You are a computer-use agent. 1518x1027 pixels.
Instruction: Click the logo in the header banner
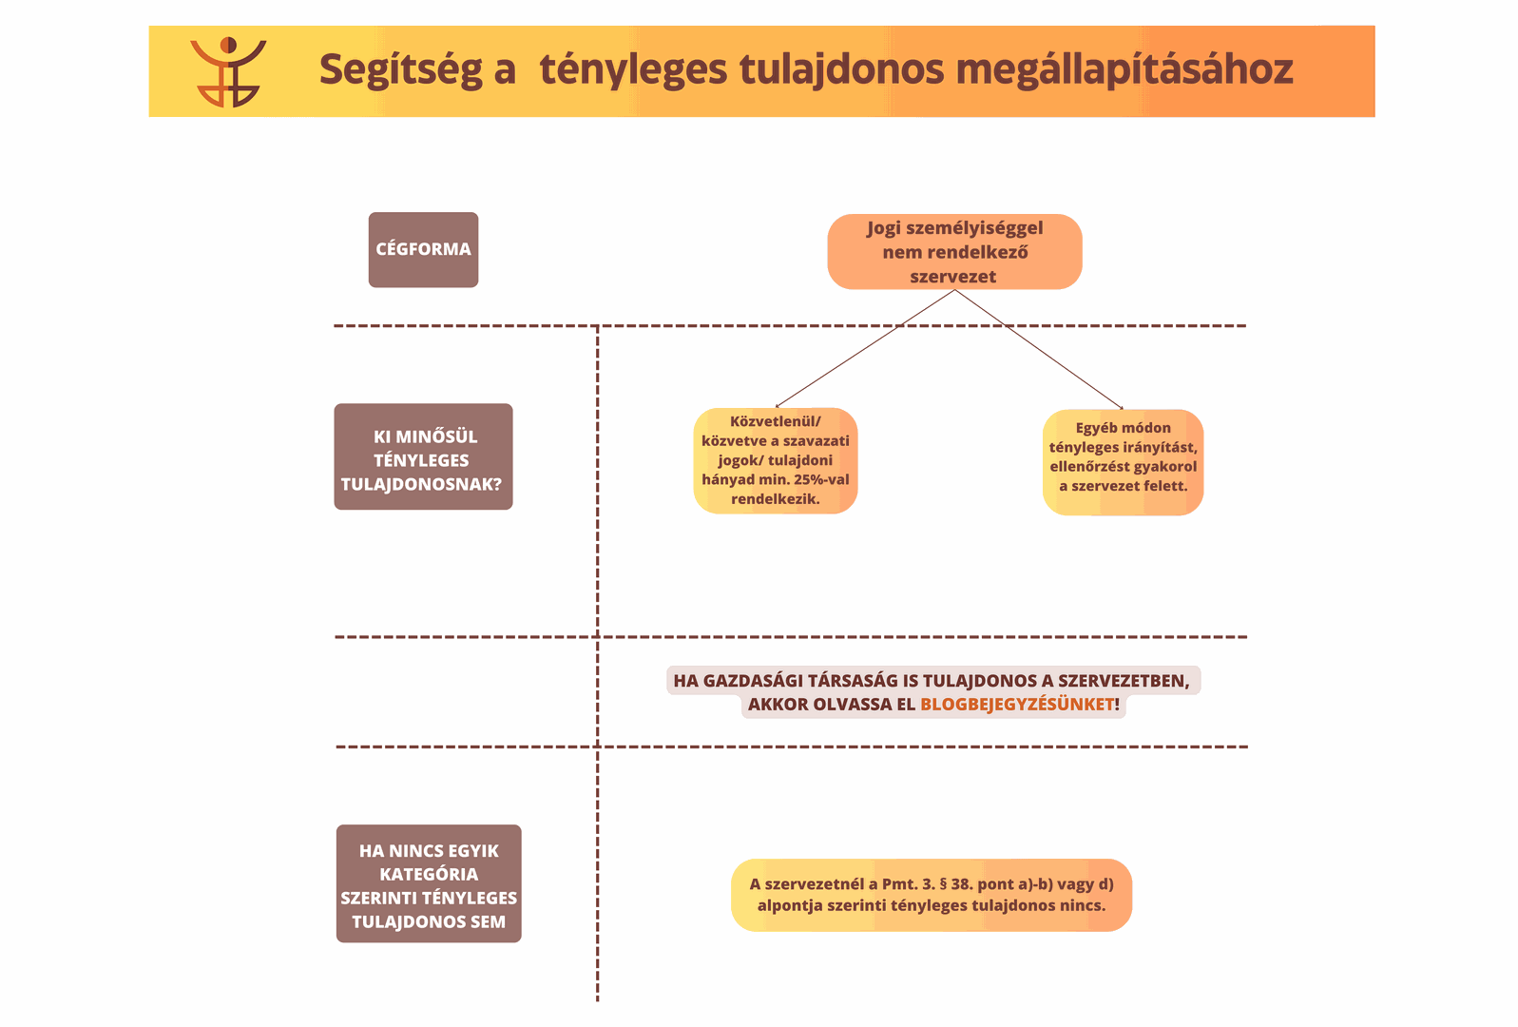[x=228, y=72]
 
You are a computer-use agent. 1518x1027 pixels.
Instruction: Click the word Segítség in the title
[x=400, y=70]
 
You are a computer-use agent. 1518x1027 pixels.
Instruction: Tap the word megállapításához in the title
[x=1124, y=70]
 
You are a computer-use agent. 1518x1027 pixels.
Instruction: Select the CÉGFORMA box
[x=424, y=249]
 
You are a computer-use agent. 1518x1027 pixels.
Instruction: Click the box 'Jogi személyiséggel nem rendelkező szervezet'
[x=954, y=251]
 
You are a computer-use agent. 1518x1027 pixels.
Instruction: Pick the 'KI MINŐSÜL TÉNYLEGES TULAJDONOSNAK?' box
[x=424, y=456]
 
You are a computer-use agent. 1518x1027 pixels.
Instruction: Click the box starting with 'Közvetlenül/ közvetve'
[x=776, y=460]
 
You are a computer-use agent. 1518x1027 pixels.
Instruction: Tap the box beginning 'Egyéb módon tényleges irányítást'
[x=1123, y=462]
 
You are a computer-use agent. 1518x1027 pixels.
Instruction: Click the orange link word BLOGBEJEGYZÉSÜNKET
[x=1017, y=705]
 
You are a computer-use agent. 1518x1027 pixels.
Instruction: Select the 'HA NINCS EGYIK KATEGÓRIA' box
[x=429, y=883]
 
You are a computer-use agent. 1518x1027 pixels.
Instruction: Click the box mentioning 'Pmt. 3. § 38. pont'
[x=932, y=895]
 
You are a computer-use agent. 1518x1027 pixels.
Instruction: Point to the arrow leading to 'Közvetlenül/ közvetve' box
[x=865, y=348]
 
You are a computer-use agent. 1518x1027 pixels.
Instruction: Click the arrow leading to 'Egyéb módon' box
[x=1039, y=350]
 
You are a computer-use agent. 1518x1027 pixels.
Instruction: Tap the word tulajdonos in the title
[x=841, y=70]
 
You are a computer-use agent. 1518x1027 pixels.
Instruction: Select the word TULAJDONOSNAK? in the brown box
[x=421, y=484]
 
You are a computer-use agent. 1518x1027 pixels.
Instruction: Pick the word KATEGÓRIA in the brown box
[x=429, y=875]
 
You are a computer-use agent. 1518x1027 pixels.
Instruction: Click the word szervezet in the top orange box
[x=952, y=277]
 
